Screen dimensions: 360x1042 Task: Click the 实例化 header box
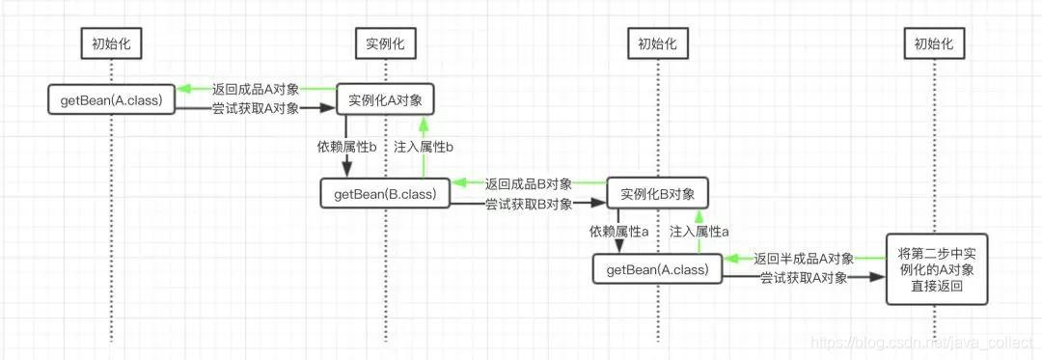click(x=384, y=43)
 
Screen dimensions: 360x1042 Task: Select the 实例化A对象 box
click(x=384, y=99)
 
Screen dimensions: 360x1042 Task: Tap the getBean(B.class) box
click(x=385, y=193)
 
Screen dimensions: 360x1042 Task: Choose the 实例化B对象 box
click(x=658, y=193)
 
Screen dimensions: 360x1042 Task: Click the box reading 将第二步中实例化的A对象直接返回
click(x=932, y=267)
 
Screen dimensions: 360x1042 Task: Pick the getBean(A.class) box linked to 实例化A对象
click(x=111, y=99)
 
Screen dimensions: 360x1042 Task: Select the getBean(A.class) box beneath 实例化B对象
click(x=657, y=269)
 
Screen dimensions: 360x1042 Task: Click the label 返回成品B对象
click(x=528, y=183)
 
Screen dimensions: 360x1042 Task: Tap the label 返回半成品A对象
click(x=803, y=259)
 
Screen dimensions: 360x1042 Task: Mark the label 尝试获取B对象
click(x=528, y=204)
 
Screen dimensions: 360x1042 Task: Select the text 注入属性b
click(x=424, y=147)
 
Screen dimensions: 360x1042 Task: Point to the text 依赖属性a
click(x=618, y=232)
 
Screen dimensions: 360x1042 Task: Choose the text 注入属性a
click(x=699, y=232)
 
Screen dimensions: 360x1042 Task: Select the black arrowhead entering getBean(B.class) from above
click(x=344, y=172)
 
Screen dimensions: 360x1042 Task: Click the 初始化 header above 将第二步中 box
click(x=932, y=43)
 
